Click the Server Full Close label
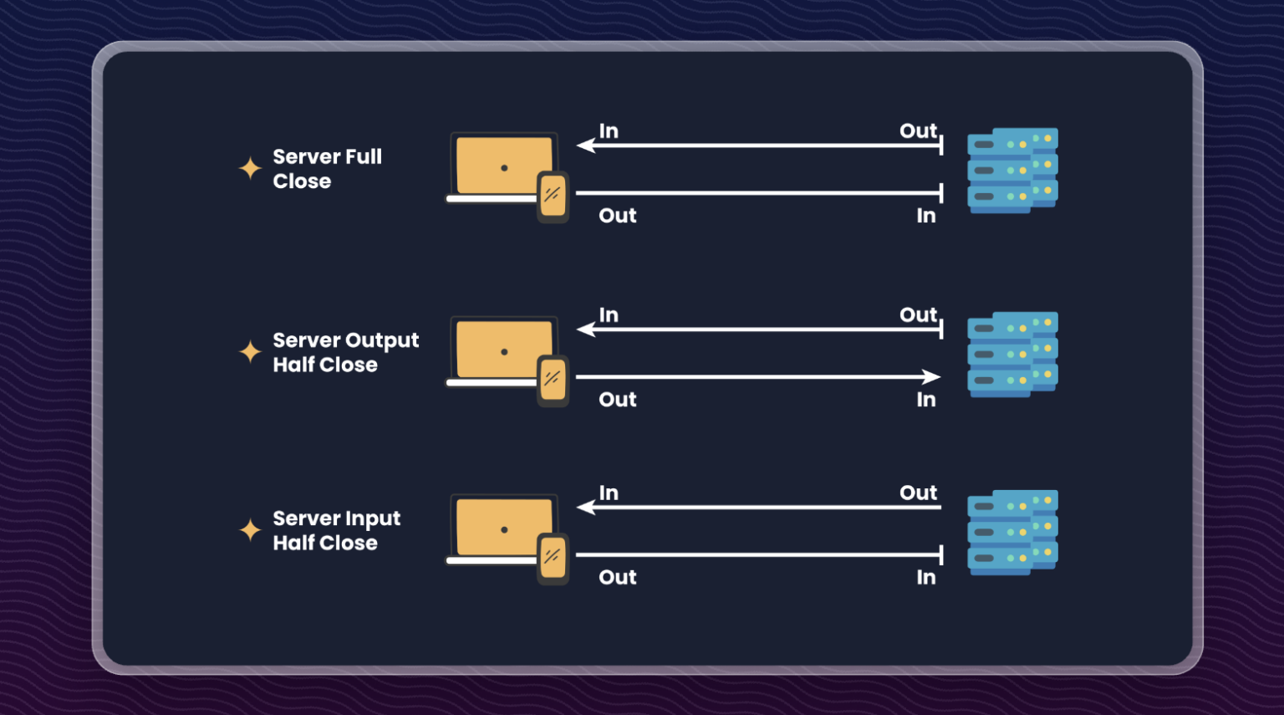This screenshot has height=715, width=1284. pyautogui.click(x=327, y=169)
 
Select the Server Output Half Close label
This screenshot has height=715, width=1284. pyautogui.click(x=345, y=352)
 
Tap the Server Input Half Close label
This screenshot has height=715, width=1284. pyautogui.click(x=336, y=530)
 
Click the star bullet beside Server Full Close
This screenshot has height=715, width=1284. pyautogui.click(x=250, y=168)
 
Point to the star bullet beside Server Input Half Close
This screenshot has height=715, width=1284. pyautogui.click(x=250, y=529)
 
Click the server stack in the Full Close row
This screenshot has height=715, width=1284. pyautogui.click(x=1012, y=171)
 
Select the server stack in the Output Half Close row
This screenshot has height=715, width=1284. pyautogui.click(x=1012, y=355)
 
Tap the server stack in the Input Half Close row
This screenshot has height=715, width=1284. pyautogui.click(x=1012, y=532)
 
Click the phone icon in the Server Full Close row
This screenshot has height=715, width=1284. pyautogui.click(x=553, y=197)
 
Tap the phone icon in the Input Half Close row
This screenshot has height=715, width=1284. pyautogui.click(x=553, y=558)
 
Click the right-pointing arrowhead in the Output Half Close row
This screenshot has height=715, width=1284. pyautogui.click(x=931, y=376)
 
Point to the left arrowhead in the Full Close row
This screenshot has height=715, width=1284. pyautogui.click(x=586, y=146)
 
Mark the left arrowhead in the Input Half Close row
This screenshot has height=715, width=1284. pyautogui.click(x=586, y=507)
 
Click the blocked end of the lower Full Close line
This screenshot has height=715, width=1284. pyautogui.click(x=940, y=193)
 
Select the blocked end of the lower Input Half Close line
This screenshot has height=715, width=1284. pyautogui.click(x=940, y=554)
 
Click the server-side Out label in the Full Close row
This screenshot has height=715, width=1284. pyautogui.click(x=918, y=131)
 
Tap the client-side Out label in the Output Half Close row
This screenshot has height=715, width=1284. pyautogui.click(x=618, y=400)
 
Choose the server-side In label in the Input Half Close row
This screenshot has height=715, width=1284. pyautogui.click(x=925, y=577)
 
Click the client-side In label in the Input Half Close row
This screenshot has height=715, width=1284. pyautogui.click(x=609, y=493)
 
